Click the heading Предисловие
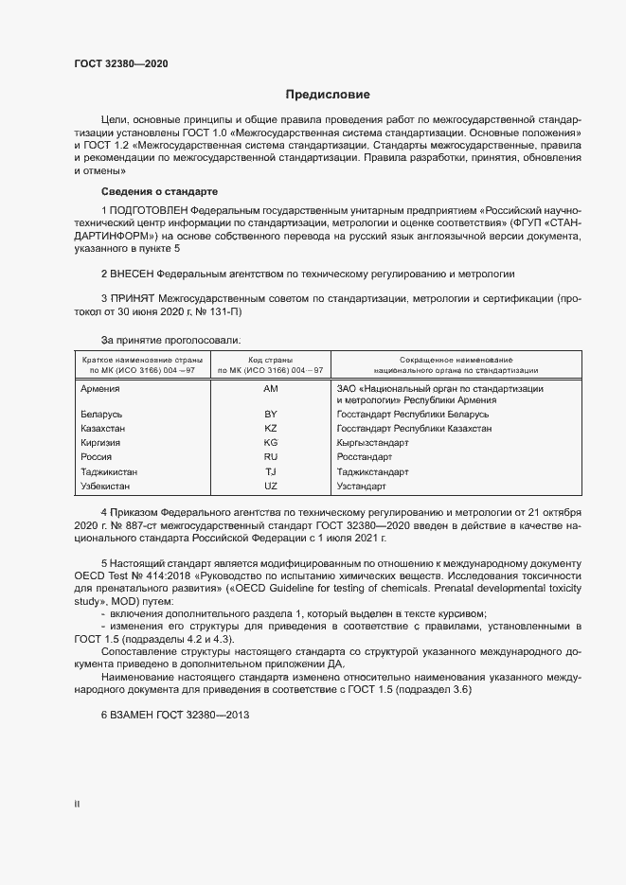pos(328,95)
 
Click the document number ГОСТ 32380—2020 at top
pos(122,63)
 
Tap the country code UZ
pos(271,487)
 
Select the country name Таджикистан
pos(109,472)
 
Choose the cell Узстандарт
pos(361,487)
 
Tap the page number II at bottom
pos(77,805)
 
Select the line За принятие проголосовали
pos(170,339)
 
